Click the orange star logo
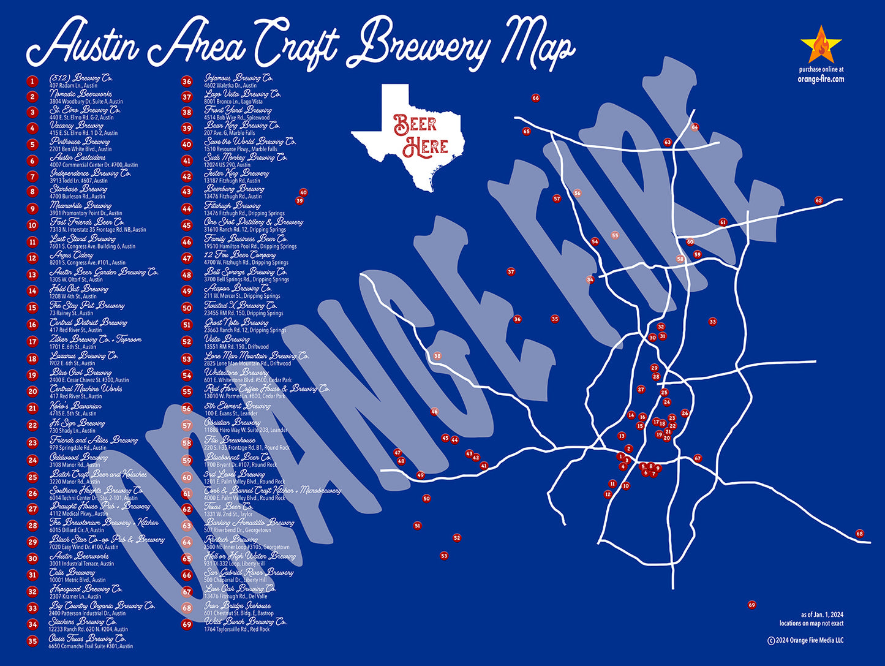[x=821, y=45]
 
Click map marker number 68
[x=859, y=534]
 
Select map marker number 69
[x=751, y=605]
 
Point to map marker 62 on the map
[x=818, y=200]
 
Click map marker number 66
[x=536, y=98]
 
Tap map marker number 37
[x=511, y=271]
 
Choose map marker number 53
[x=444, y=556]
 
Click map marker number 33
[x=712, y=322]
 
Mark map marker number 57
[x=557, y=199]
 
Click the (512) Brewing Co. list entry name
[x=81, y=78]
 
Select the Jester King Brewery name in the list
[x=236, y=173]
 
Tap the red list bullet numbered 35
[x=32, y=641]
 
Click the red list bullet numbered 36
[x=187, y=81]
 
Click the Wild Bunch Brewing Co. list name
[x=245, y=621]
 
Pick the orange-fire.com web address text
[x=821, y=79]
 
